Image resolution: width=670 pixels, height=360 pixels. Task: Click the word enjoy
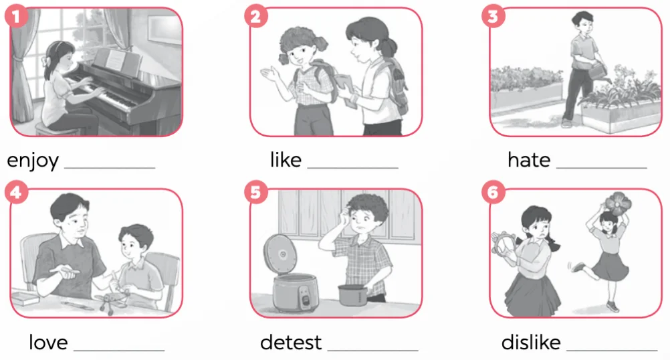[x=33, y=161]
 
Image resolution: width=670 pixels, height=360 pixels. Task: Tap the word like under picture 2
[x=286, y=160]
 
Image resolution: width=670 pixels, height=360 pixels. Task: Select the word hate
[x=529, y=160]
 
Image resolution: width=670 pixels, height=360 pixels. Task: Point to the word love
[x=48, y=343]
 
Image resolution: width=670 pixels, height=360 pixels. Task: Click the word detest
[x=291, y=343]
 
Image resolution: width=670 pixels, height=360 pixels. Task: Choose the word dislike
[x=531, y=343]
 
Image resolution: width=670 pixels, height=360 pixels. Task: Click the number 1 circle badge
[x=16, y=17]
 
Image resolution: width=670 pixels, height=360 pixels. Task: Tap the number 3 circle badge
[x=493, y=16]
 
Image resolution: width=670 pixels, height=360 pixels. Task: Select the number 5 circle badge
[x=256, y=192]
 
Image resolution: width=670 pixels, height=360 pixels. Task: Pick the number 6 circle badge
[x=493, y=192]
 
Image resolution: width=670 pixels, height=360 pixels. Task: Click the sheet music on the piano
[x=114, y=59]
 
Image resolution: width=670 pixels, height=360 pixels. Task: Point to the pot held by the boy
[x=353, y=294]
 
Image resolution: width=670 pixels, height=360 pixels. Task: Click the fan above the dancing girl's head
[x=617, y=203]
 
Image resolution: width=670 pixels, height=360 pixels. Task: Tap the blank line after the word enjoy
[x=110, y=168]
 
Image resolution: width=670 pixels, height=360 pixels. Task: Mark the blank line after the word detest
[x=372, y=351]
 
